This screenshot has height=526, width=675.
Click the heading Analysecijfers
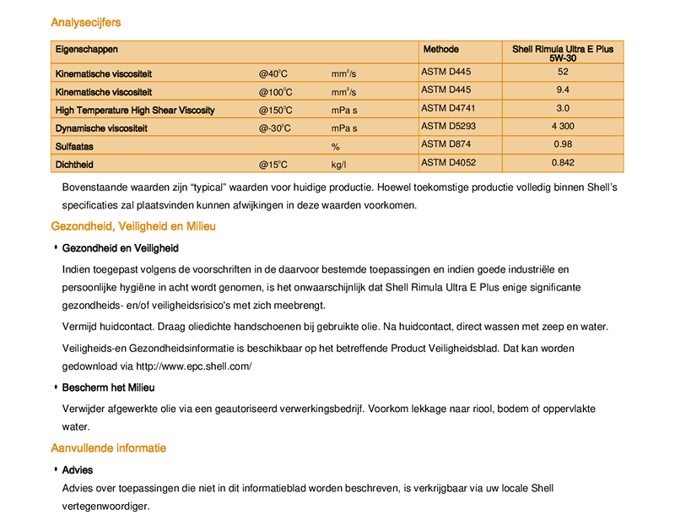[85, 22]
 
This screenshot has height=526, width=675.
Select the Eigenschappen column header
[86, 50]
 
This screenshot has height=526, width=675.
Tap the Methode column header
[440, 50]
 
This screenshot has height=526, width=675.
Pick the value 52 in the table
[563, 73]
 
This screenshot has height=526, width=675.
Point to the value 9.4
[563, 90]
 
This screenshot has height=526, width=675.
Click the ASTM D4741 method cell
[446, 108]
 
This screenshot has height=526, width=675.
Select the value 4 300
[563, 127]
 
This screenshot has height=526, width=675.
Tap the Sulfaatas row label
[74, 147]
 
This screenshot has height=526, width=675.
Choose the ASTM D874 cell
[444, 144]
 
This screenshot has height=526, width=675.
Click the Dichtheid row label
[74, 165]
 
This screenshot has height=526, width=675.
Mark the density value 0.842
[563, 163]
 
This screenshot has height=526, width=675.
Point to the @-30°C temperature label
[275, 128]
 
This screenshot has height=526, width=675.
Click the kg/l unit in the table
[339, 165]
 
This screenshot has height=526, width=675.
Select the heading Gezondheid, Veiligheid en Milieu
[133, 226]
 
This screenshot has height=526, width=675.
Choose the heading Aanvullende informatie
[108, 448]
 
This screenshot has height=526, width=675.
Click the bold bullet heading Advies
[78, 470]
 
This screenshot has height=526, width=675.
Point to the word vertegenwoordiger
[105, 507]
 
